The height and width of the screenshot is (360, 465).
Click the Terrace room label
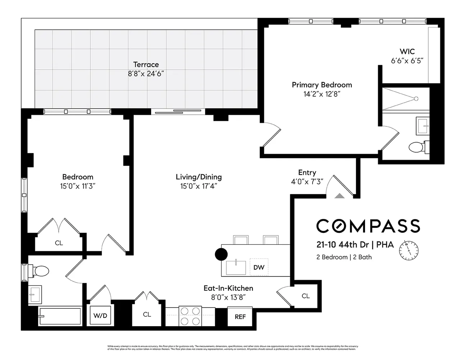(x=146, y=65)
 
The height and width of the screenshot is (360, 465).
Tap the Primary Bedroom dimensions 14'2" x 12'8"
(x=322, y=94)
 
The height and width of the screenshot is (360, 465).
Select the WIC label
(x=407, y=51)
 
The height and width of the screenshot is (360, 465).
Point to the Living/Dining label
(x=199, y=177)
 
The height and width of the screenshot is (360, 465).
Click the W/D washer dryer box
(x=100, y=316)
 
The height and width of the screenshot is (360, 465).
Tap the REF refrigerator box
(x=240, y=316)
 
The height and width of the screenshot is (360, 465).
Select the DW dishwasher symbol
(x=259, y=267)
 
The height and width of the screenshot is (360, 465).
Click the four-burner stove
(x=190, y=316)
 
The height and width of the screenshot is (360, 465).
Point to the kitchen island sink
(x=236, y=267)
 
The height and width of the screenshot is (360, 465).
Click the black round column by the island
(x=221, y=254)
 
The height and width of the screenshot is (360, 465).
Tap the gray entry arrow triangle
(x=339, y=195)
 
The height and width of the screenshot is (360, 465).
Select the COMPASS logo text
(x=368, y=226)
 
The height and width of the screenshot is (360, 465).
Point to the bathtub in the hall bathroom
(x=60, y=316)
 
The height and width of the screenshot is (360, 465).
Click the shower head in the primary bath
(x=416, y=98)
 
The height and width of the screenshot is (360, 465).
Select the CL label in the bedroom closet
(x=59, y=243)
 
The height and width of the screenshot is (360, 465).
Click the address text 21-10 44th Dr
(x=342, y=245)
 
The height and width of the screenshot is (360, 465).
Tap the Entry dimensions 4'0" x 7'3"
(x=307, y=182)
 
